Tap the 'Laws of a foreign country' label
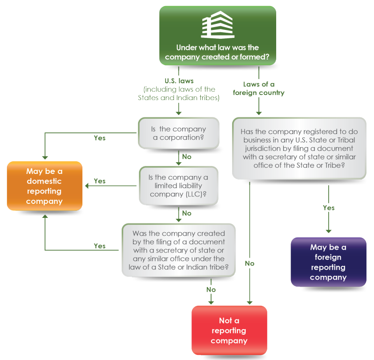point(258,88)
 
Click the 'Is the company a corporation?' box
point(178,133)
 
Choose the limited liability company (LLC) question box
point(178,186)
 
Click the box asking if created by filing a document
point(178,250)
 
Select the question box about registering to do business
point(299,148)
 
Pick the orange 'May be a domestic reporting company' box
point(44,186)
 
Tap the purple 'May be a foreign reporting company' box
point(328,262)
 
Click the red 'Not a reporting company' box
point(229,331)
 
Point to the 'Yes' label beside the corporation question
point(100,138)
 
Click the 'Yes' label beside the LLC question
point(100,181)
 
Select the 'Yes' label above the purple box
point(329,208)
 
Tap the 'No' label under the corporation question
point(187,157)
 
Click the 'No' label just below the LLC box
point(187,213)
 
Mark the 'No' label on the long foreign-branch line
point(249,263)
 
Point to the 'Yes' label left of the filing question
point(100,246)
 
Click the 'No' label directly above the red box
point(211,289)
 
